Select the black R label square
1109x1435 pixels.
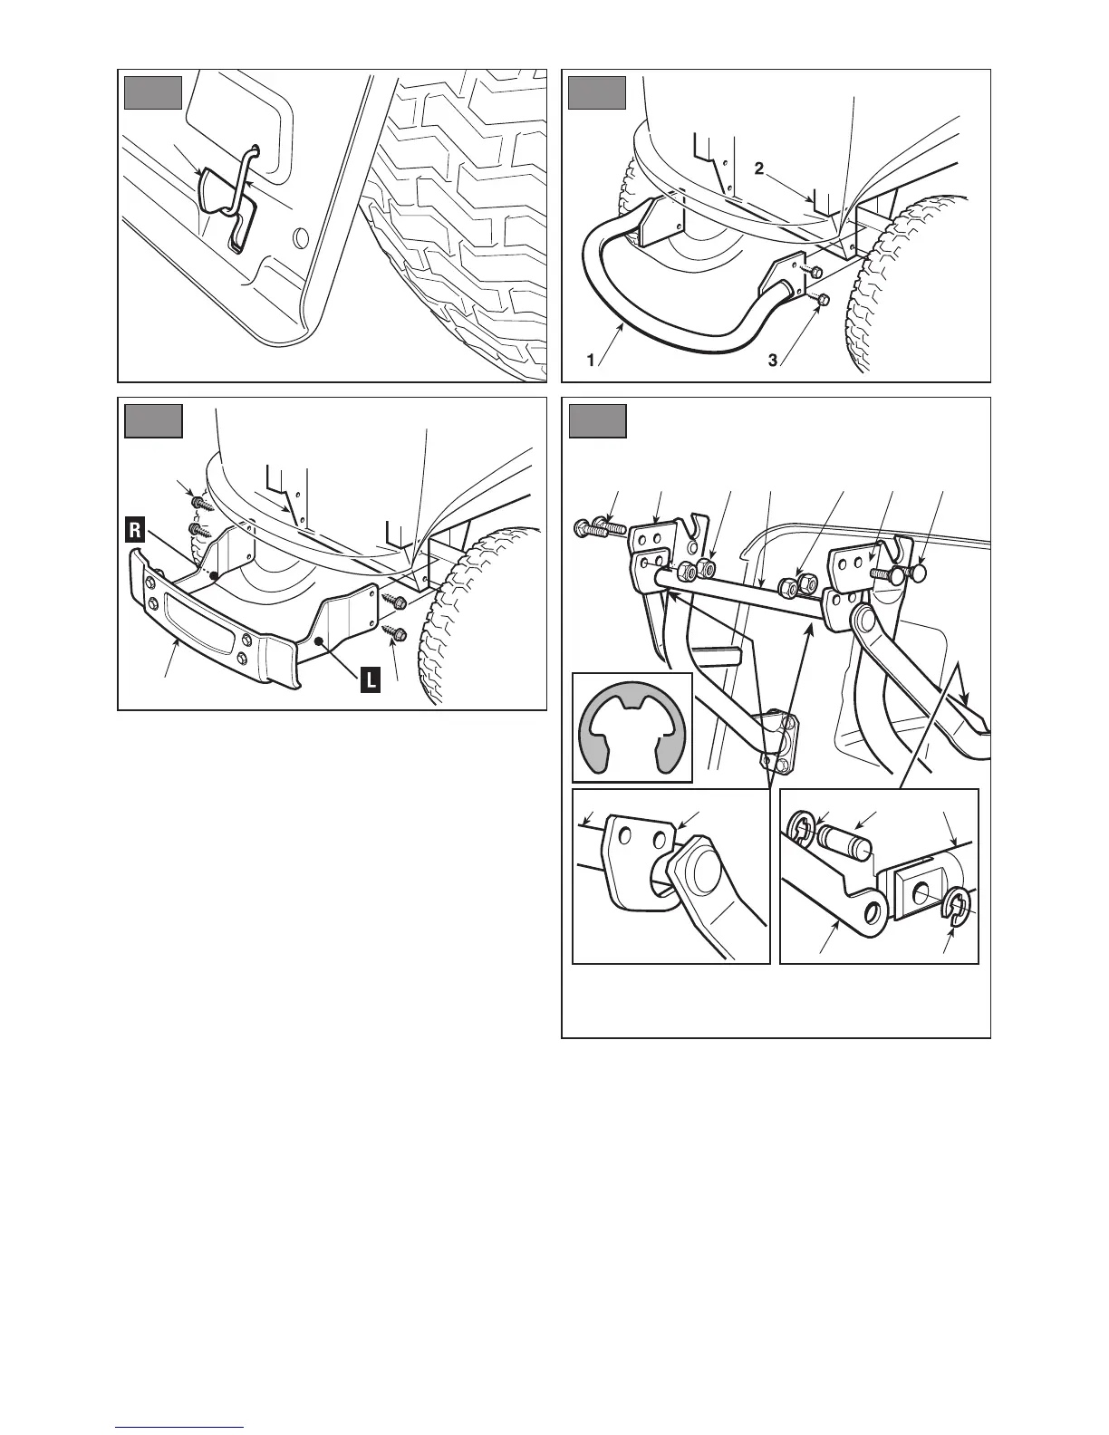point(134,531)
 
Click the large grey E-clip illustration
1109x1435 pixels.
point(632,727)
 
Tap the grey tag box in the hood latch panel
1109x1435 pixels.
point(153,93)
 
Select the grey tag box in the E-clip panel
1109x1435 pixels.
point(597,421)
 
